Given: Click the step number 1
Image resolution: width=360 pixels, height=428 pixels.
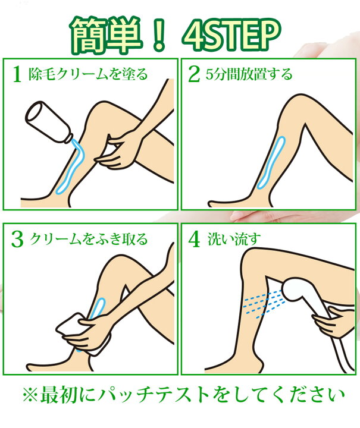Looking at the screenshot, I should tap(17, 74).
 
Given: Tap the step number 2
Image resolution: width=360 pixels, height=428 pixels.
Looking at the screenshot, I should tap(193, 74).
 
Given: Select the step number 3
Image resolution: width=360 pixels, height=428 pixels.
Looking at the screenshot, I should tap(17, 239).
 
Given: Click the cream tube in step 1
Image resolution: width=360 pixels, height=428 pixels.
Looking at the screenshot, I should tap(51, 121).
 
